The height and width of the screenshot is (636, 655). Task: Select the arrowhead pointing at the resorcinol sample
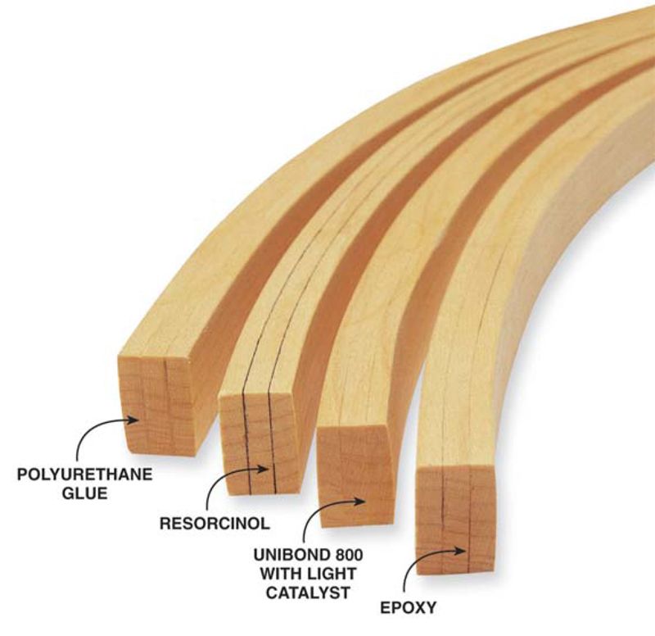(x=267, y=470)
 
